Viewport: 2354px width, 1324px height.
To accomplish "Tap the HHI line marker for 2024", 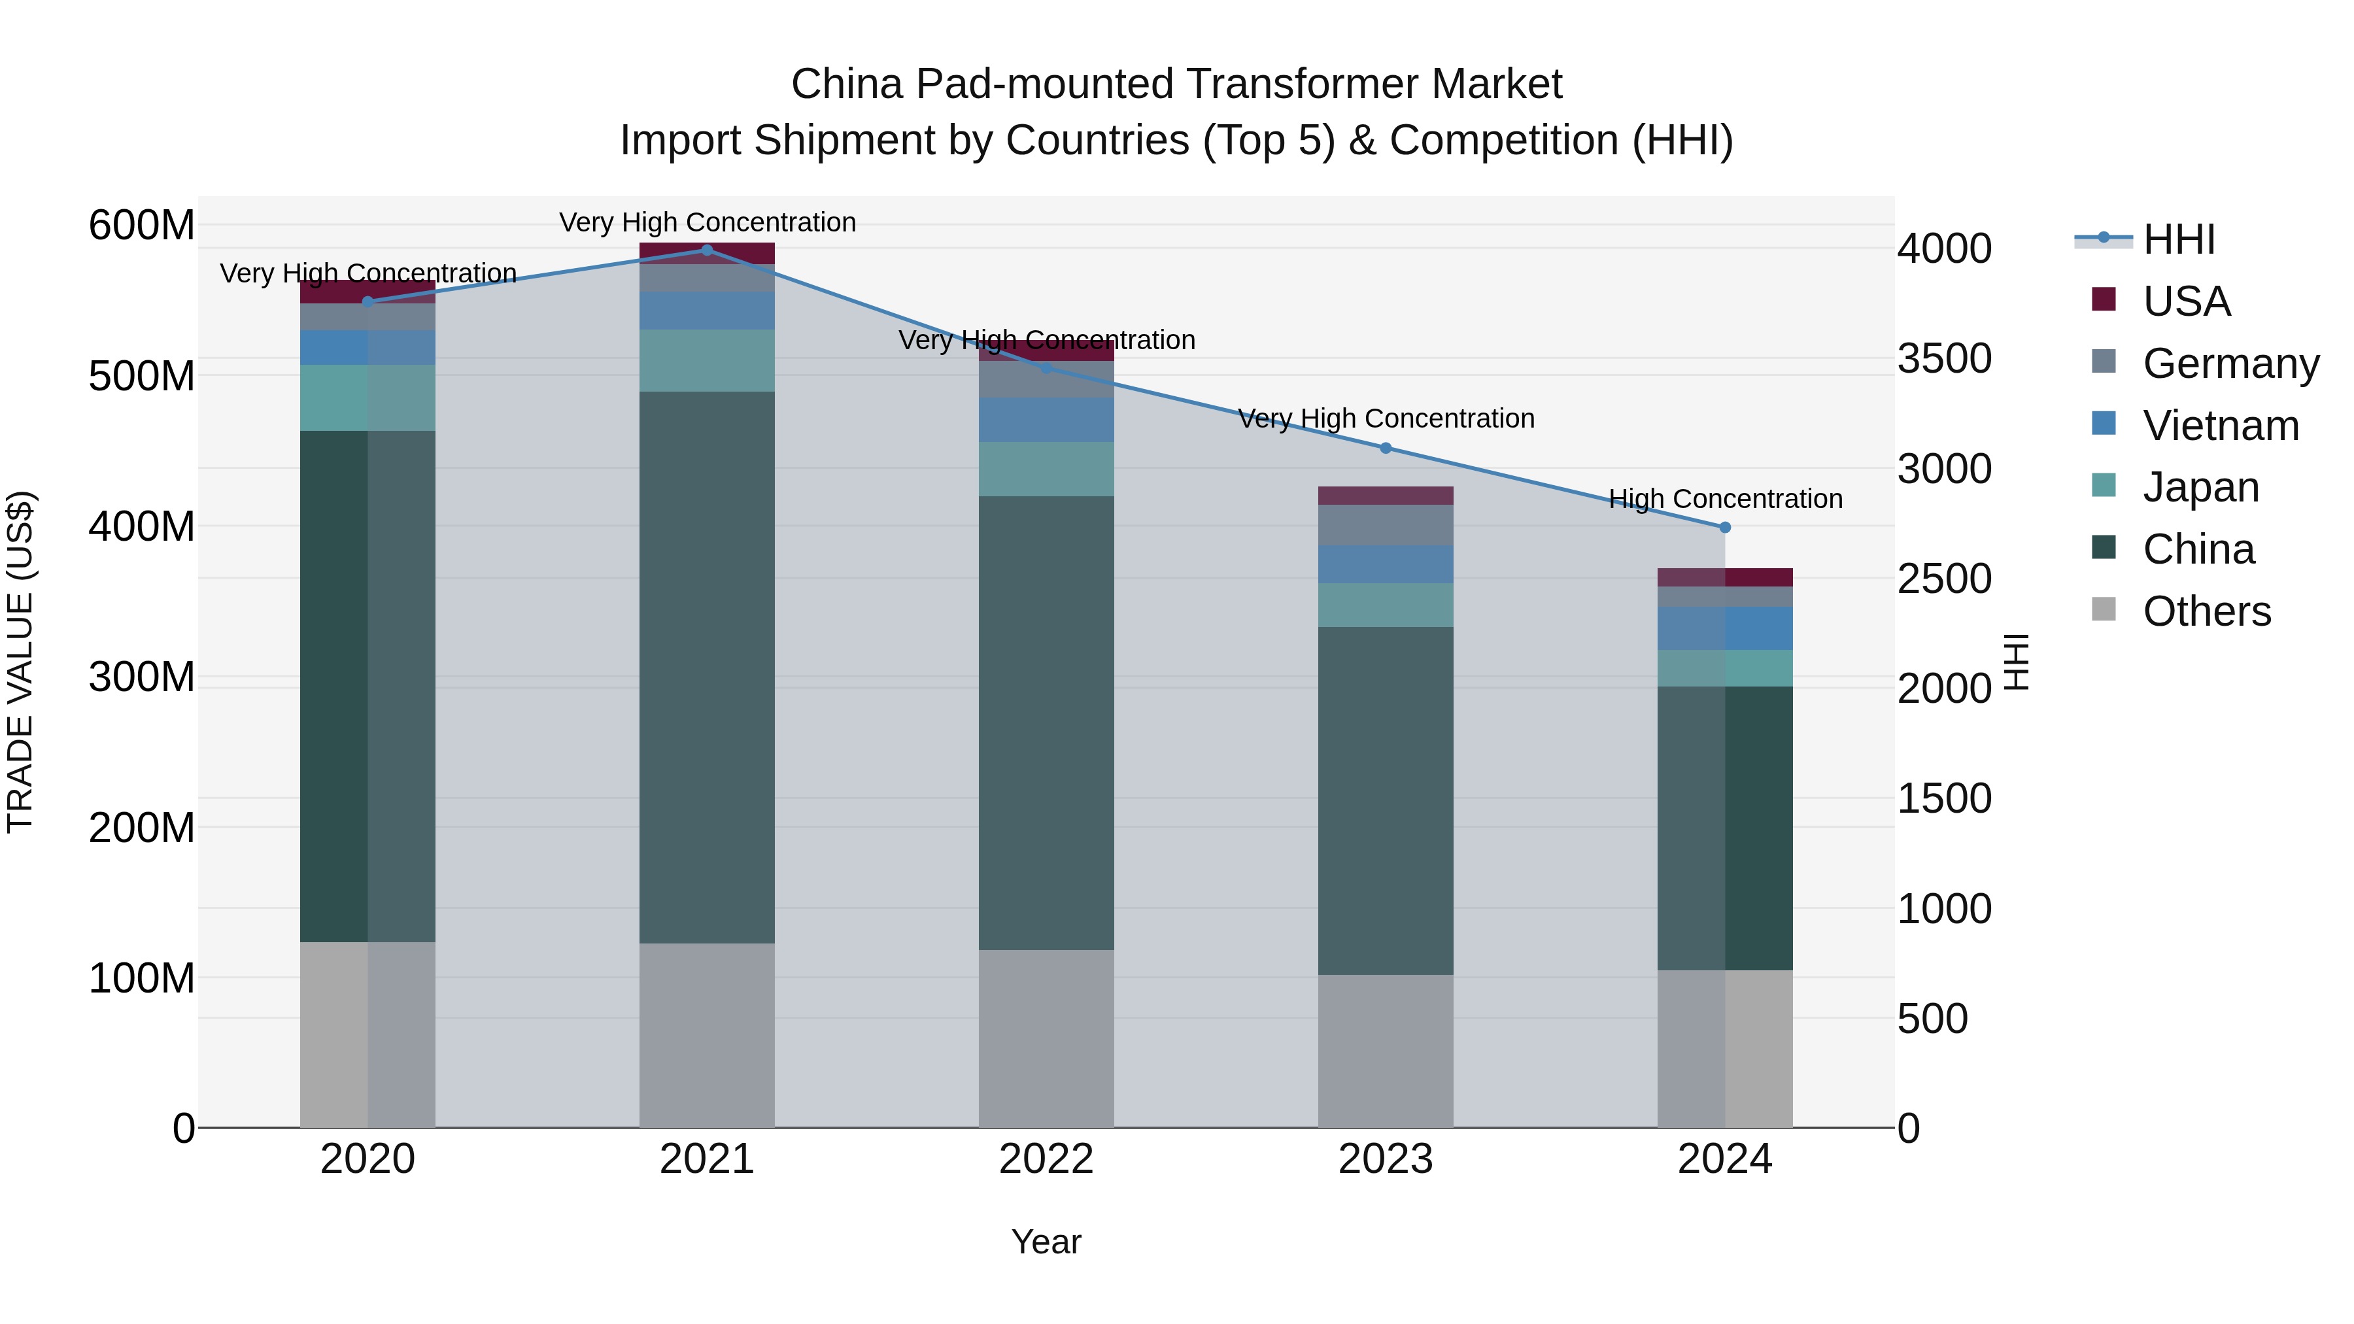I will point(1724,527).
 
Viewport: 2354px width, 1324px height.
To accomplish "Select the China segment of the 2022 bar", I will point(1046,722).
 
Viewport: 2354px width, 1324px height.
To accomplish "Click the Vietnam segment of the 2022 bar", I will point(1046,419).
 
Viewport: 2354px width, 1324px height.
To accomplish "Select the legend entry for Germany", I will point(2230,364).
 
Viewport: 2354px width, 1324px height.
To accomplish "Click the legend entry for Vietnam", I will point(2220,426).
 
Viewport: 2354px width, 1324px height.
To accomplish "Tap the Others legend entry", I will point(2206,611).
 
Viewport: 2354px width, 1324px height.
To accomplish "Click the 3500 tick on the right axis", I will point(1944,358).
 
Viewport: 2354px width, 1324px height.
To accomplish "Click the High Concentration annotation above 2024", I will point(1724,499).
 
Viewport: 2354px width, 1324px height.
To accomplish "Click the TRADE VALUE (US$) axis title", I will point(20,662).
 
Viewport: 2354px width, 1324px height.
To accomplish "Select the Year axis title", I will point(1046,1242).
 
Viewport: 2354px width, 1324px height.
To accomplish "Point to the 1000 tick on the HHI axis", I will point(1944,909).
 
